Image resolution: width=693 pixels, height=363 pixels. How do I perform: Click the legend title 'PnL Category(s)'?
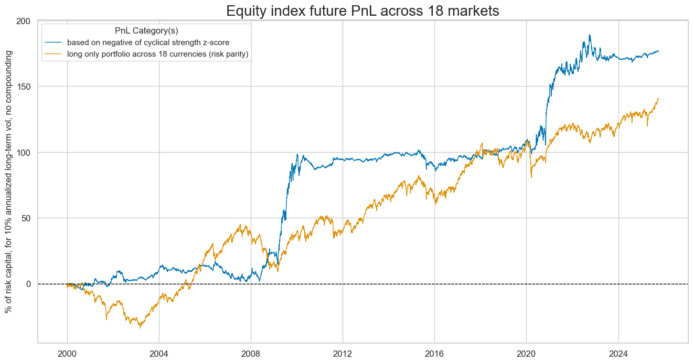(146, 30)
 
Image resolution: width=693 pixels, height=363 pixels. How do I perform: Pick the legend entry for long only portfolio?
(161, 54)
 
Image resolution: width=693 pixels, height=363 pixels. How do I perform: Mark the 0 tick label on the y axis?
(29, 284)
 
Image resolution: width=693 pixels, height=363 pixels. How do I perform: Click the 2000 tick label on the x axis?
(67, 353)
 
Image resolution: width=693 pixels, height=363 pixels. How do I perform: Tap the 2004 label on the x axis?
(159, 353)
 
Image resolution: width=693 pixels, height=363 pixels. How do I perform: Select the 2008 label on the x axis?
(251, 353)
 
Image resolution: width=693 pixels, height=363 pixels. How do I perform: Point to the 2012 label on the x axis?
(343, 353)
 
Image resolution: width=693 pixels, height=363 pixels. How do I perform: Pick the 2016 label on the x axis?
(434, 353)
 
